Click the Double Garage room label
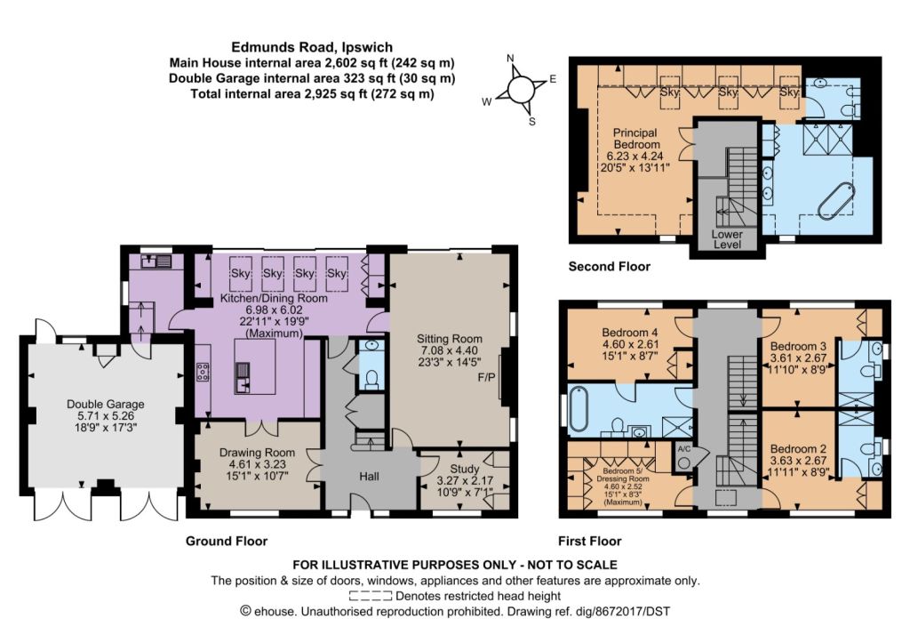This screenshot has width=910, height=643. (x=105, y=405)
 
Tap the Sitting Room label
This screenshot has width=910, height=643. (x=449, y=339)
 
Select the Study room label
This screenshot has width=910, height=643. (x=465, y=469)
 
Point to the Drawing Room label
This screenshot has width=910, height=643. (x=257, y=453)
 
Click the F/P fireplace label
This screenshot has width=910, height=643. (x=486, y=378)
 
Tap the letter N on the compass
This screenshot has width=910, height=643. (x=511, y=58)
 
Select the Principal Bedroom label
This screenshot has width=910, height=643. (x=636, y=138)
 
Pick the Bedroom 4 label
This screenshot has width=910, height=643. (x=630, y=333)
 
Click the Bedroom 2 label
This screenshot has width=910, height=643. (x=798, y=449)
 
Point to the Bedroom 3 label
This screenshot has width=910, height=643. (x=798, y=346)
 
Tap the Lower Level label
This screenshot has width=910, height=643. (x=727, y=239)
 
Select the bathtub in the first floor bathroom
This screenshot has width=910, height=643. (x=579, y=409)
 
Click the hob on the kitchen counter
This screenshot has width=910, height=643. (x=203, y=372)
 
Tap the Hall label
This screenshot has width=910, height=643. (x=369, y=477)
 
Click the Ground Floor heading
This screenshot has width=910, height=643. (x=227, y=542)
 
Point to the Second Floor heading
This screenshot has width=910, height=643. (x=610, y=267)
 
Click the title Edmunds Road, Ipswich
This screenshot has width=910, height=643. (x=312, y=47)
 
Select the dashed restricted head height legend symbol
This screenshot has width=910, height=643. (x=371, y=595)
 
